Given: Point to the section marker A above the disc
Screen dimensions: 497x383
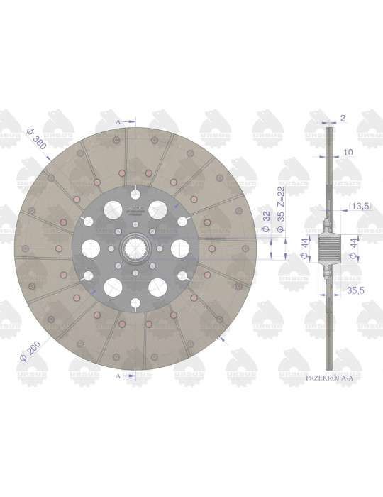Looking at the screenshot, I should (118, 122).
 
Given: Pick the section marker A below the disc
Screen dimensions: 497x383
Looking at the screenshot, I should (118, 376).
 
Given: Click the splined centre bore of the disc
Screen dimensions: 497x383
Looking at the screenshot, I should (133, 248).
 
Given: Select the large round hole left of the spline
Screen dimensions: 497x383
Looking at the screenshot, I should (90, 248).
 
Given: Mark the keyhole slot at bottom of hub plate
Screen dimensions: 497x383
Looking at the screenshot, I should (135, 305).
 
